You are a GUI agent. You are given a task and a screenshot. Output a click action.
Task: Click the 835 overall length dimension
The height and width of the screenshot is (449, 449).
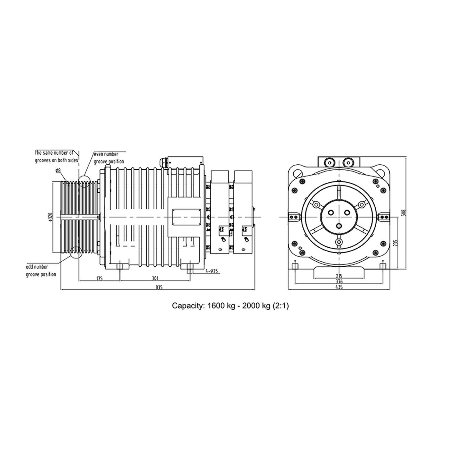(x=159, y=288)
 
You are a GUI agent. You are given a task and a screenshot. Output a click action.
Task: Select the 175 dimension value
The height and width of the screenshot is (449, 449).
(x=99, y=278)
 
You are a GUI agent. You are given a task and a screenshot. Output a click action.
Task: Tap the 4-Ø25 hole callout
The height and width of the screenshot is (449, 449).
(x=213, y=271)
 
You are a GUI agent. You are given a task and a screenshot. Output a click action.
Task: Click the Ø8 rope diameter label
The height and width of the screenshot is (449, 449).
(x=57, y=171)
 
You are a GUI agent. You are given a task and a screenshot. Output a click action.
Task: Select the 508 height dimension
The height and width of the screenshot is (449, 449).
(x=403, y=213)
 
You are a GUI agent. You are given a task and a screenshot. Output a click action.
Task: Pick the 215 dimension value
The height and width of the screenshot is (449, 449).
(x=339, y=276)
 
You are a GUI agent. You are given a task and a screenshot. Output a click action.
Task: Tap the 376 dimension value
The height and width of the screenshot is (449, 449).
(x=339, y=282)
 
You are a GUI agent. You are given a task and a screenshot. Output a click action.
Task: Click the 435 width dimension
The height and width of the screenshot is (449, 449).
(x=339, y=287)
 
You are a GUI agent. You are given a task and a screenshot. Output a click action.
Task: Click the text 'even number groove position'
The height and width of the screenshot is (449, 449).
(x=109, y=158)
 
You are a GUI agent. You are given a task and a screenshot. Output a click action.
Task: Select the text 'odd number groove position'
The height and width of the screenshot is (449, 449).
(x=41, y=271)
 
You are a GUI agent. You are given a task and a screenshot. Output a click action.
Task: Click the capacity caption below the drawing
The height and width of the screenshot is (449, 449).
(x=230, y=306)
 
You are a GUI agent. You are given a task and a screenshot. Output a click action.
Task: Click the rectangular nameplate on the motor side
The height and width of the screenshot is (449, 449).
(x=186, y=217)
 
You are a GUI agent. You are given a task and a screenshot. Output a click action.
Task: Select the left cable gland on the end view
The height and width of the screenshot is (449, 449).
(x=329, y=162)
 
